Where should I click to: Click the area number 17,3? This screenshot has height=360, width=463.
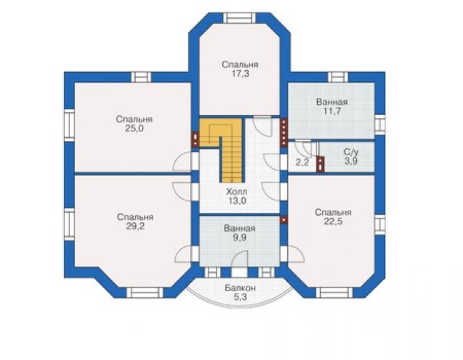pos(240,74)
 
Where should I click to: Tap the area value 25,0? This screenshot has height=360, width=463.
pos(135,128)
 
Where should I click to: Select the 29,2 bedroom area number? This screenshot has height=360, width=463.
pos(135,226)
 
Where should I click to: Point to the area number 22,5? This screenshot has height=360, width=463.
pos(333,222)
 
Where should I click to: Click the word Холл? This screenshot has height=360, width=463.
pos(237,192)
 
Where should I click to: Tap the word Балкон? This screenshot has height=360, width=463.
pos(240,288)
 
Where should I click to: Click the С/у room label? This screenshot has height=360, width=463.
pos(351,152)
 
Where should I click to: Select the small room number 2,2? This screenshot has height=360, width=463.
pos(302,162)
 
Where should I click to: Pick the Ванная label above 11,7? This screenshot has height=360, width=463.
pos(332,102)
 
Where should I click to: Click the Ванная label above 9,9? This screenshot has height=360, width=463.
pos(240,228)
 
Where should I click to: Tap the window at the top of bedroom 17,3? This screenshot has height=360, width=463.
pos(240,18)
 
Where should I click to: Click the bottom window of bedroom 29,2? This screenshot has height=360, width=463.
pos(145,292)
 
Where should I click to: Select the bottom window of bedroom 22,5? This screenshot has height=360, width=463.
pos(335,292)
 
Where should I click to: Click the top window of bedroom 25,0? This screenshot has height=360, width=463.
pos(141,77)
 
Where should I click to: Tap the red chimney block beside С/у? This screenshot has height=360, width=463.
pos(320,164)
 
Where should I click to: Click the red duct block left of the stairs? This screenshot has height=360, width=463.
pos(195,139)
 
